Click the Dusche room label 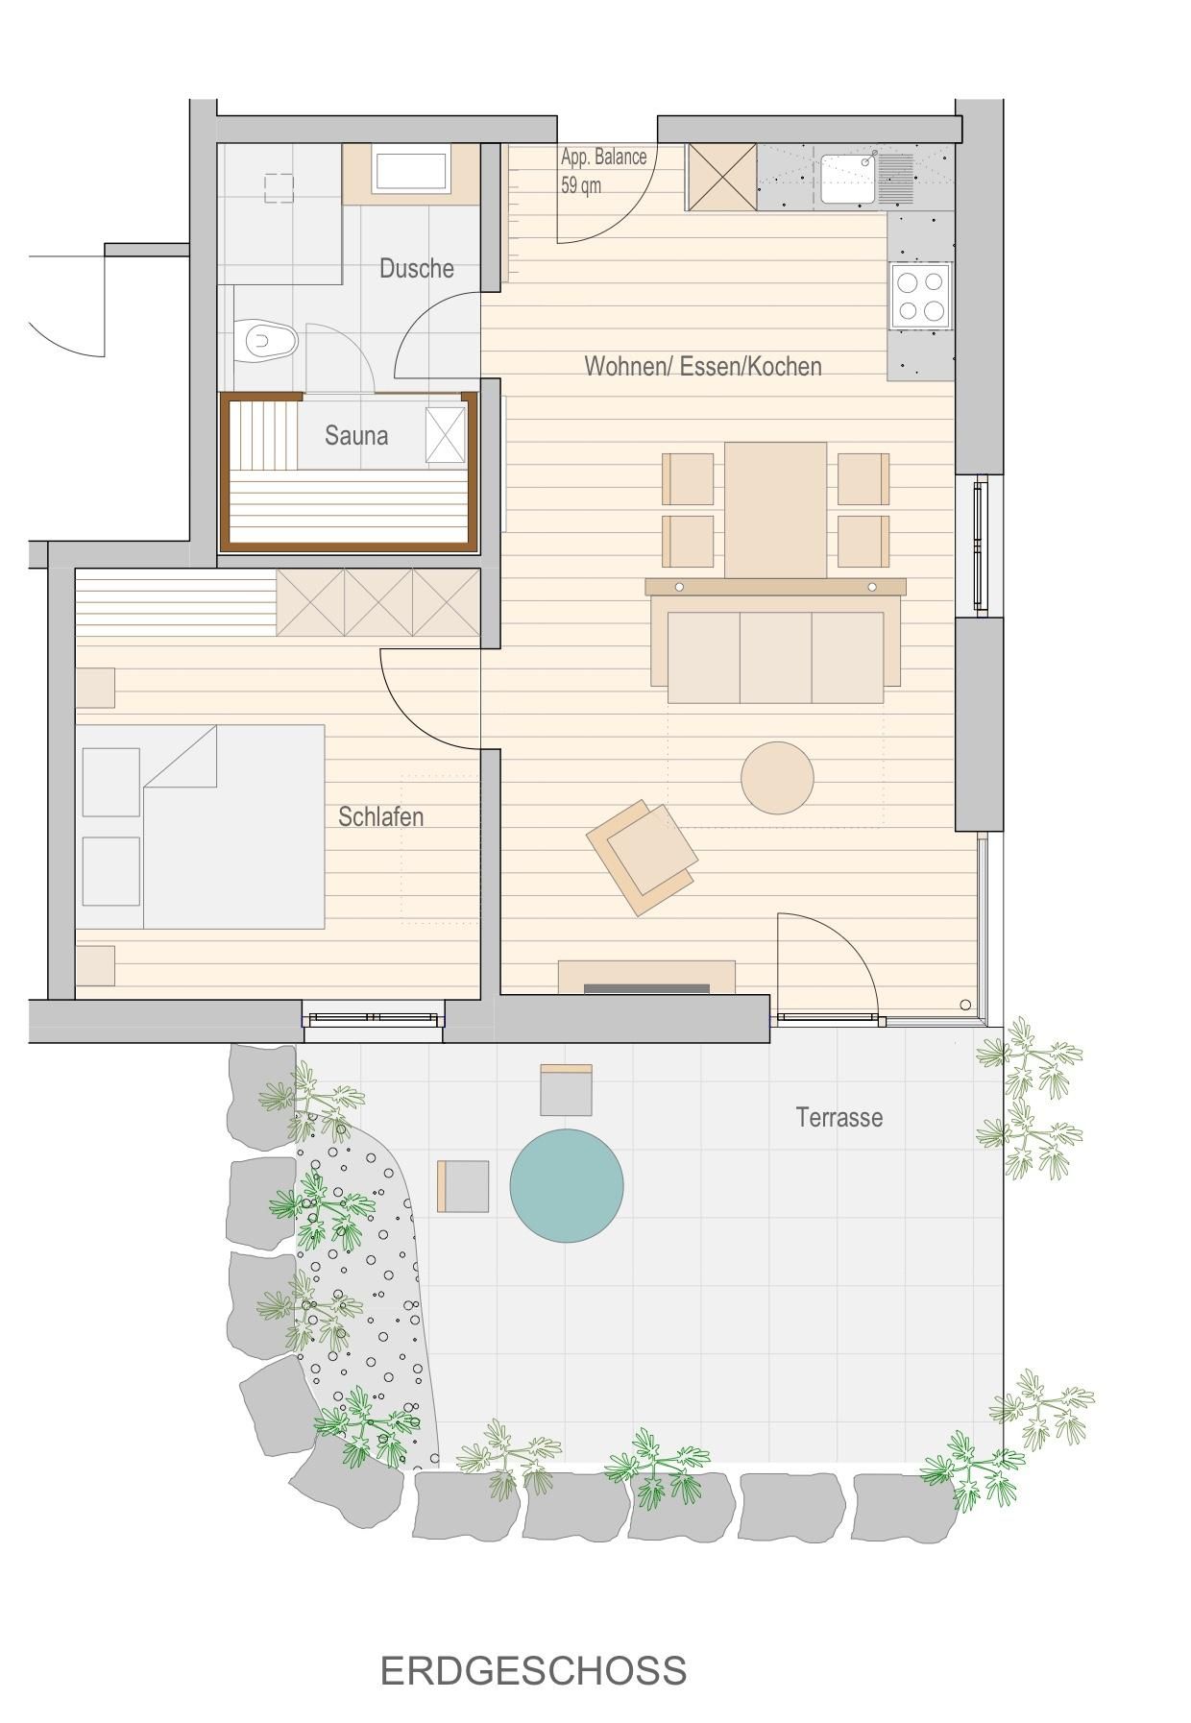[417, 268]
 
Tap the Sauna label [356, 435]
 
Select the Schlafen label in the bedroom [381, 816]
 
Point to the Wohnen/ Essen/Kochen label [703, 366]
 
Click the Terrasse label [839, 1117]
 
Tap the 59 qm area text [581, 185]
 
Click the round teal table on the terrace [567, 1185]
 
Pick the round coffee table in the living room [777, 778]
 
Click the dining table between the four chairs [775, 510]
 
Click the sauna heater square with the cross [445, 435]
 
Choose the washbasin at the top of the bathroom [411, 173]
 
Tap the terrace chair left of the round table [464, 1186]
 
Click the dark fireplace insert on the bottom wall [646, 988]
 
